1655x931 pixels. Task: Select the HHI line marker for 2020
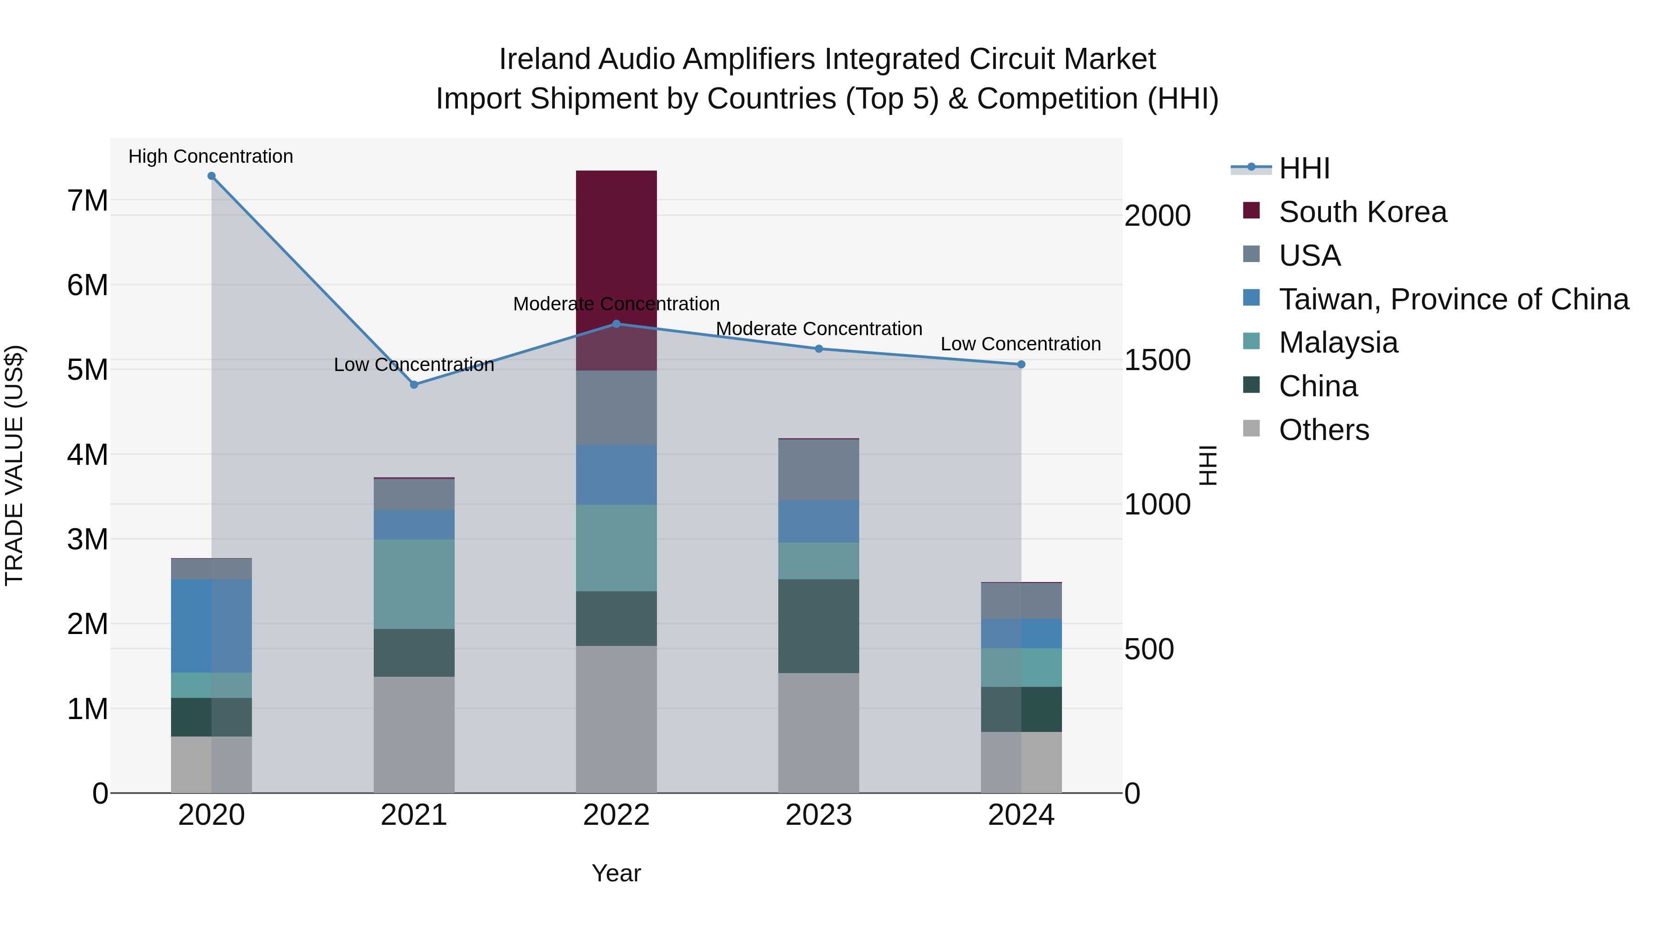pos(211,176)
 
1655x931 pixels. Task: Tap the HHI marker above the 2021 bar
pos(414,385)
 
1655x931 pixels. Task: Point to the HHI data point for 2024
pos(1021,364)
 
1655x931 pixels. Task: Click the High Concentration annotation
pos(211,157)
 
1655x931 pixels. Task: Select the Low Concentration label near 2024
pos(1020,344)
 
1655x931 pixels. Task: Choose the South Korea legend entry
pos(1362,212)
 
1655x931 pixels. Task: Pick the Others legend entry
pos(1324,430)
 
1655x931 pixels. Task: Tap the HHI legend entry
pos(1304,168)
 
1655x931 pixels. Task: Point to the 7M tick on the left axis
pos(87,201)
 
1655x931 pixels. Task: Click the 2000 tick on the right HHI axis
pos(1157,216)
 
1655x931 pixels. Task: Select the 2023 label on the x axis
pos(818,815)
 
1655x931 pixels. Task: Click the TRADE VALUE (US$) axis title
pos(15,465)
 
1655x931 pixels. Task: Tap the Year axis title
pos(616,873)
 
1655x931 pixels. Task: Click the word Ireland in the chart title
pos(544,59)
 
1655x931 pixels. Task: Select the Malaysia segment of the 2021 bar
pos(414,583)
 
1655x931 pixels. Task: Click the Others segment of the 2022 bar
pos(616,719)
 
